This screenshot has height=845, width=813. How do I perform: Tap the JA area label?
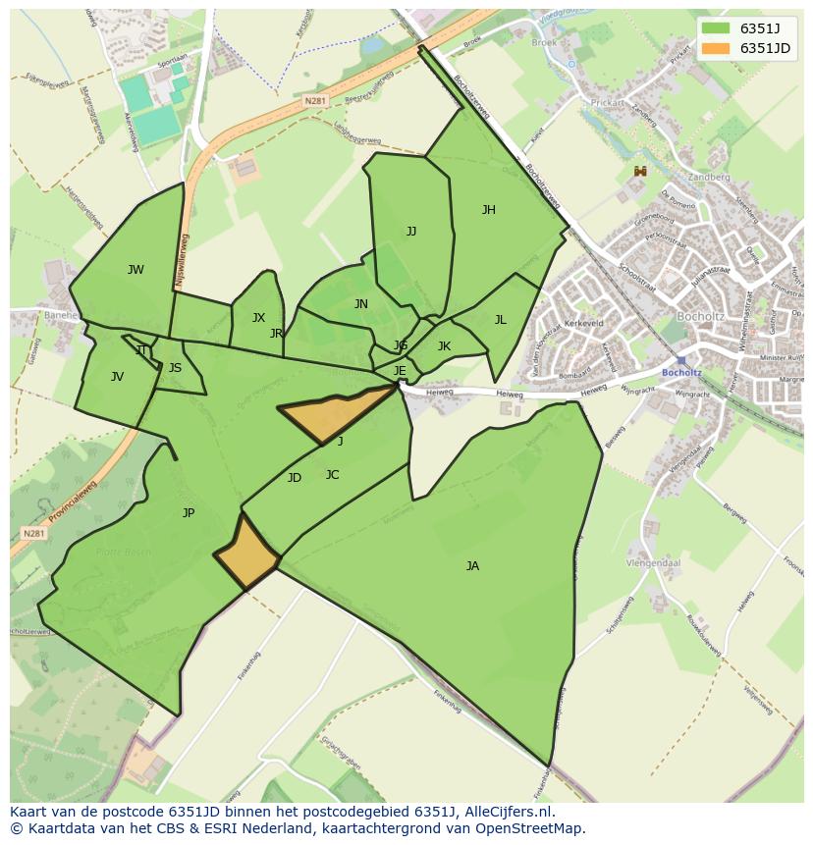472,566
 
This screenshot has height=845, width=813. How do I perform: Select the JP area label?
189,513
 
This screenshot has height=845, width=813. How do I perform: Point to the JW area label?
135,270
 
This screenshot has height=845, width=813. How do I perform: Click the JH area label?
488,210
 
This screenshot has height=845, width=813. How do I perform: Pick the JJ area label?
411,232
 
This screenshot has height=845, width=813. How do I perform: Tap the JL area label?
500,320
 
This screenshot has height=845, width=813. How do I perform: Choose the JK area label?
444,346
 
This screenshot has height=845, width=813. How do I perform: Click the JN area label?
361,304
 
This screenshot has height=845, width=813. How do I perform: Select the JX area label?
258,318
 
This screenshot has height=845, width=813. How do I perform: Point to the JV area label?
117,377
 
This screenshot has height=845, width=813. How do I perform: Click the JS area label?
175,369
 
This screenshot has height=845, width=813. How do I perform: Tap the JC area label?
332,475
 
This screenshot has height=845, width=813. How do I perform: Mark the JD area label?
295,478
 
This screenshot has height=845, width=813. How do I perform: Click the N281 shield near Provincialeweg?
33,534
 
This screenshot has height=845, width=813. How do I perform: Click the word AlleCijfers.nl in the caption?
506,813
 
